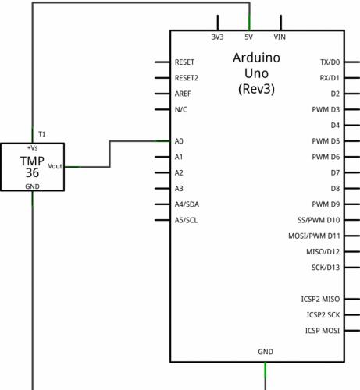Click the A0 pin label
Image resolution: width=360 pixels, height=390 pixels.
(x=179, y=141)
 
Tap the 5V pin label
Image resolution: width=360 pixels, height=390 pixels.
(x=248, y=37)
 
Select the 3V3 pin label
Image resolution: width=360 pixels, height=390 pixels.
(x=217, y=37)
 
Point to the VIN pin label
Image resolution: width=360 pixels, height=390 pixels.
(x=280, y=37)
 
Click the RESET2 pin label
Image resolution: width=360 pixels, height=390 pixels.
(x=187, y=78)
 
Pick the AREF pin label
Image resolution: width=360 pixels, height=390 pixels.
(x=183, y=94)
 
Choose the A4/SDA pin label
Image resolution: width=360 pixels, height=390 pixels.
(x=187, y=204)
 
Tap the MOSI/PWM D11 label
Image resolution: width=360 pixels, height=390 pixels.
(x=314, y=236)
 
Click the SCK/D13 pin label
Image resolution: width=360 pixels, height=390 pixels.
(x=326, y=268)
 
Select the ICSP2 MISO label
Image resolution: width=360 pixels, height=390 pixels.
(x=320, y=300)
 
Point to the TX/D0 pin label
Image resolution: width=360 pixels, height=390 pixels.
(x=330, y=62)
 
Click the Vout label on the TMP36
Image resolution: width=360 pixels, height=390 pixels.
(x=55, y=166)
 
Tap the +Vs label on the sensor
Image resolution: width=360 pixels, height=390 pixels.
(x=32, y=148)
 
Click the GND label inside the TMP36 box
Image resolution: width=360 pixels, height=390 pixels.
(x=32, y=186)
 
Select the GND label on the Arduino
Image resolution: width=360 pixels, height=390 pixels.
(x=266, y=352)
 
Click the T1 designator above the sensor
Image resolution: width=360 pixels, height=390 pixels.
(x=41, y=134)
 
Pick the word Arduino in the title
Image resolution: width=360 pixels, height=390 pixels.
(x=256, y=58)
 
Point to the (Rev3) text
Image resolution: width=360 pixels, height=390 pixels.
(x=256, y=89)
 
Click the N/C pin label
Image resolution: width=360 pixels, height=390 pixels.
(x=181, y=109)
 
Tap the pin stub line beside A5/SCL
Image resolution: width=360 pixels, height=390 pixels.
(x=162, y=220)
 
